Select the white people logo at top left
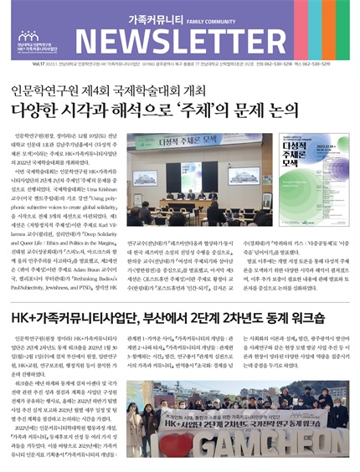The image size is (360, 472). coord(28,37)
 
